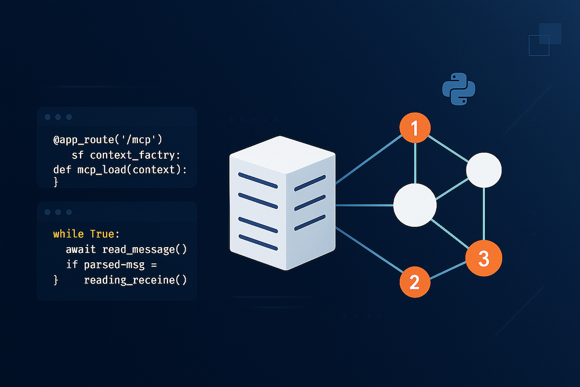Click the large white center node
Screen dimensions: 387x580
(x=415, y=205)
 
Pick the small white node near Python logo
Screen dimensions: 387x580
(x=484, y=170)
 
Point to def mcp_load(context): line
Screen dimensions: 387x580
(x=120, y=169)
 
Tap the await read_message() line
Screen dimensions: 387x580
(x=126, y=249)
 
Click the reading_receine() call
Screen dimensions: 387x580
(x=136, y=280)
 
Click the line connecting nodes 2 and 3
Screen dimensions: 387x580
(x=449, y=270)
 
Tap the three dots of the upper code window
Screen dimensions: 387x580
(x=58, y=117)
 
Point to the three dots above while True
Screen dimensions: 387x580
(x=58, y=212)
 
